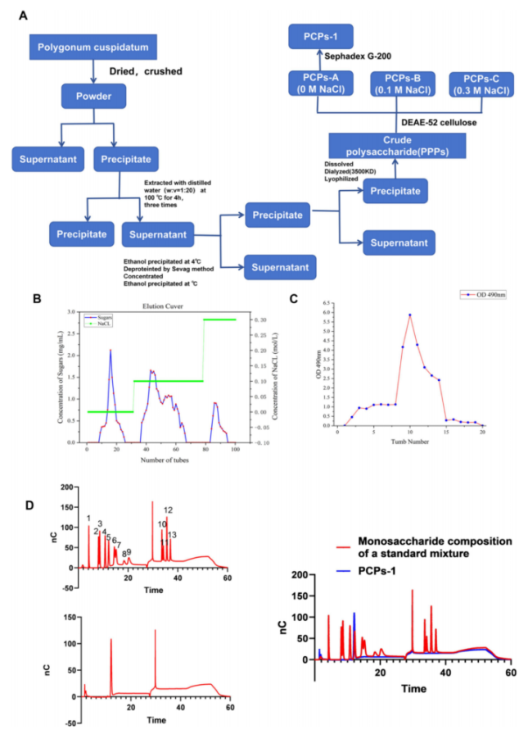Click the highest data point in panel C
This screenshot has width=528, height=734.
409,315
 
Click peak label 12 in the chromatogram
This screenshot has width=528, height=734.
168,510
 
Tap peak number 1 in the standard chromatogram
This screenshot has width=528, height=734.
88,519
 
